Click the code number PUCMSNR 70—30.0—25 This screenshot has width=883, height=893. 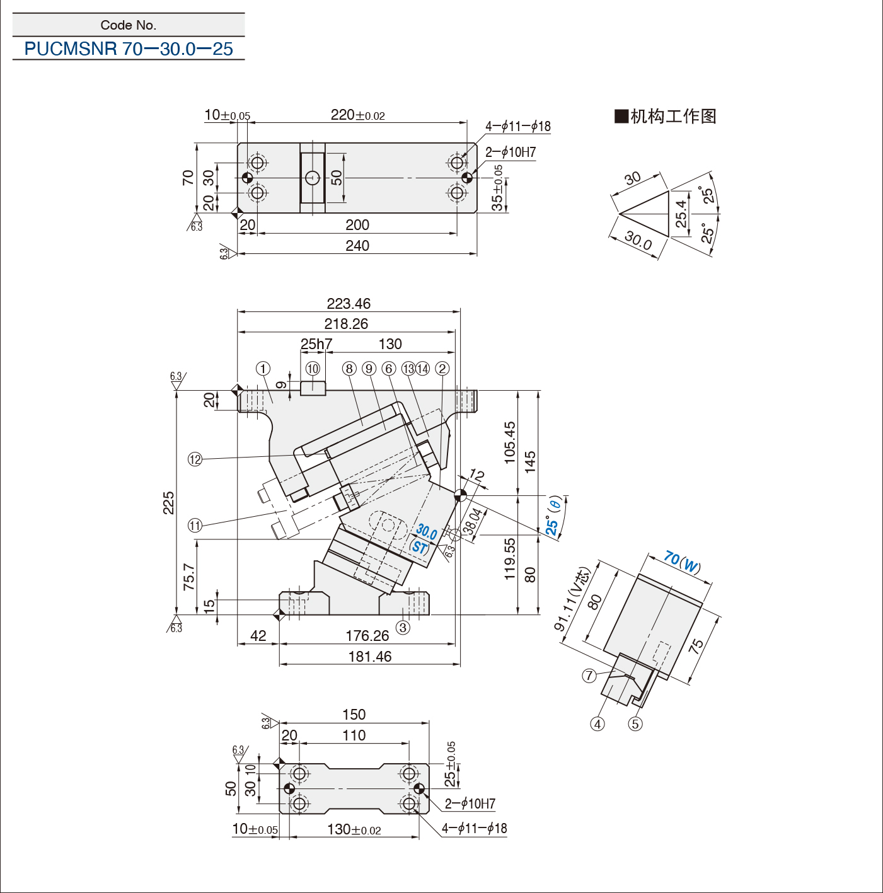coord(129,49)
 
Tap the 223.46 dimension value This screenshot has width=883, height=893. coord(349,304)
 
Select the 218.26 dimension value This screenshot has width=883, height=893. coord(346,323)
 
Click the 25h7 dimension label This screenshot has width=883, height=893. coord(316,344)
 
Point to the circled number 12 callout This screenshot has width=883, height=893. coord(195,459)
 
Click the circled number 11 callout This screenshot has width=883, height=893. coord(195,526)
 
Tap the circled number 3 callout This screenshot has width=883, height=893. coord(403,628)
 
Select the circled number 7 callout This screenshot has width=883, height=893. coord(589,675)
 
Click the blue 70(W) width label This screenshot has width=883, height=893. coord(682,561)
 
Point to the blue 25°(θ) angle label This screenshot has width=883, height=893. coord(554,516)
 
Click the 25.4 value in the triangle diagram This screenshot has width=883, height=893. coord(681,213)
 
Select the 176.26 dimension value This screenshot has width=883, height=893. coord(367,635)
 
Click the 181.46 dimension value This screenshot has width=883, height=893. coord(370,656)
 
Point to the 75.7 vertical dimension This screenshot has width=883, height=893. coord(189,576)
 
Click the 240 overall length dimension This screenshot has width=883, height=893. coord(357,246)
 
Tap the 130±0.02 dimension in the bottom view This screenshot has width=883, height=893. coord(354,829)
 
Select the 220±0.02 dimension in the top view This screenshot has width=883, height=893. coord(358,115)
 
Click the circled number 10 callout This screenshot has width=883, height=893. coord(313,369)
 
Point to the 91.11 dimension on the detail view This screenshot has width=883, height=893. coord(572,599)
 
